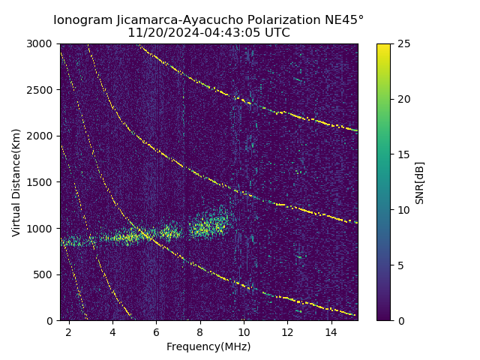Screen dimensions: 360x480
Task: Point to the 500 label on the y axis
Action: click(46, 274)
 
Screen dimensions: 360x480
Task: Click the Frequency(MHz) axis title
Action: click(208, 346)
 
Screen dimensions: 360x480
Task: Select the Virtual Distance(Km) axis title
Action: click(16, 182)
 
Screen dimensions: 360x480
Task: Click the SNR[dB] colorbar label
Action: click(420, 182)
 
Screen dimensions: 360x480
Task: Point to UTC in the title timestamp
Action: click(275, 33)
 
